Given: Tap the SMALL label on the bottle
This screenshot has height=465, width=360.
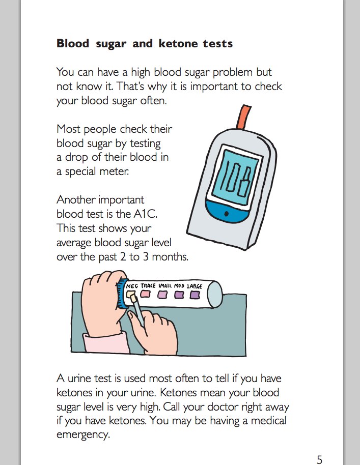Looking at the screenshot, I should tap(164, 286).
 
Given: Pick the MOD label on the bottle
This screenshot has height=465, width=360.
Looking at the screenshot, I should tap(179, 286).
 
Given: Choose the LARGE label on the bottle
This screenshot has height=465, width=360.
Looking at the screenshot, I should tap(195, 286).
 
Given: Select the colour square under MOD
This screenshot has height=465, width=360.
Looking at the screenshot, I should tap(179, 295).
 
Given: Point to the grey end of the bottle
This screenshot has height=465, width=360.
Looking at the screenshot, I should tap(215, 294).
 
